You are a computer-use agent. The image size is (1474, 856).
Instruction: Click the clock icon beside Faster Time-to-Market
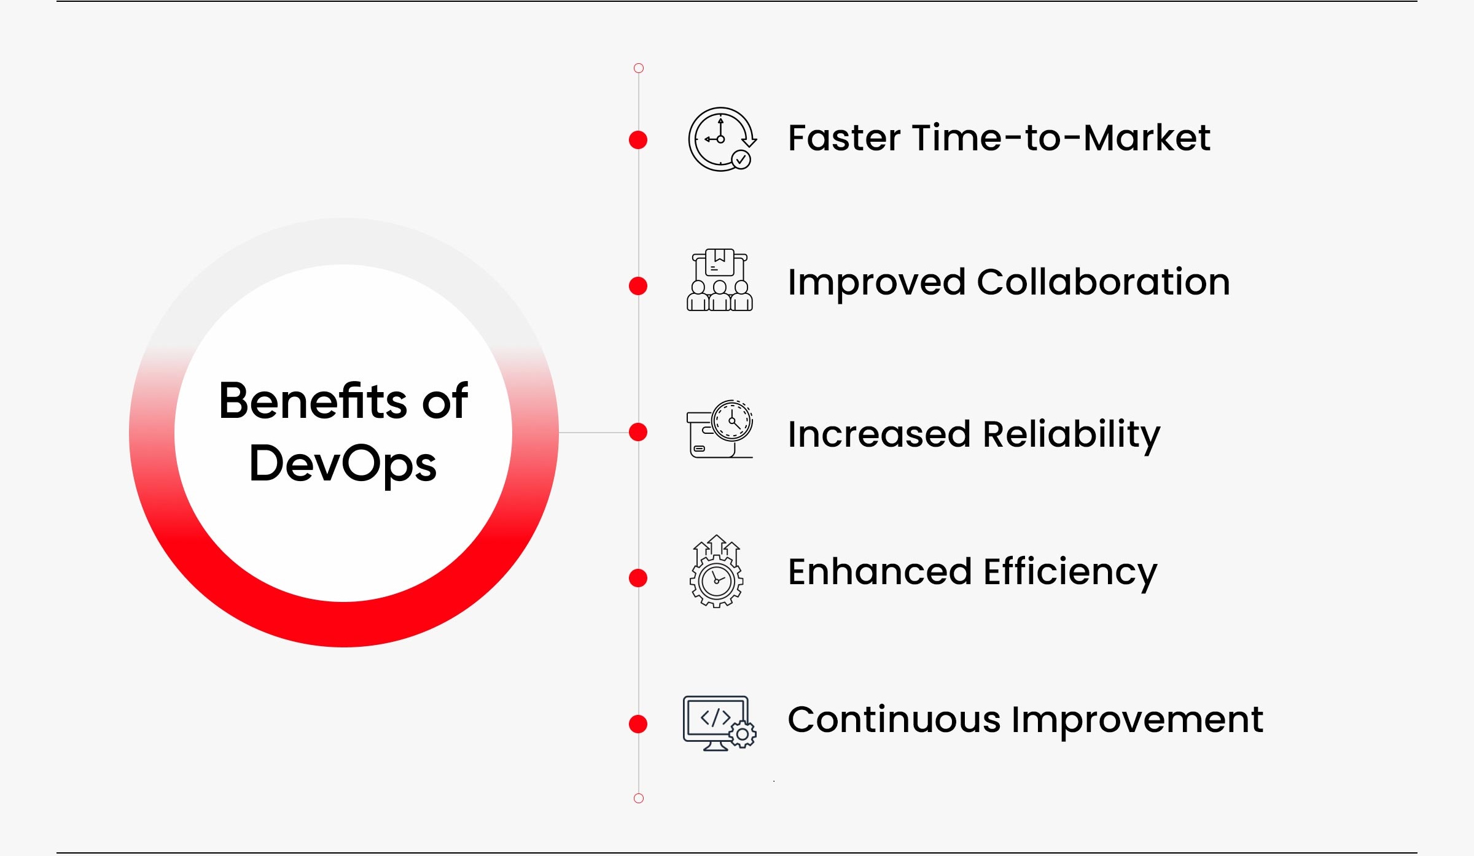(x=722, y=139)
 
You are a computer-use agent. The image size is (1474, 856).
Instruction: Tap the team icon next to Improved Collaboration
(x=720, y=280)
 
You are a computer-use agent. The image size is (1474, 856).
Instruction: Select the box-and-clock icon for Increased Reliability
(x=720, y=429)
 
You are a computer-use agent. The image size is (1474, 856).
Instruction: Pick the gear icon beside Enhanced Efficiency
(x=717, y=571)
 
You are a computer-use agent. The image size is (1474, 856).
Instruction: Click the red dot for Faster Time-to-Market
(x=638, y=140)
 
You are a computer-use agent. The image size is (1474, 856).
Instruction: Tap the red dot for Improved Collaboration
(x=638, y=286)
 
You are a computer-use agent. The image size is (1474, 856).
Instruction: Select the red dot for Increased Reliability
(x=638, y=432)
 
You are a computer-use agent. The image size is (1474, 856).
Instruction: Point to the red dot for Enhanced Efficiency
(x=638, y=578)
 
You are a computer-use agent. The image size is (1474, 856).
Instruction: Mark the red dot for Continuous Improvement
(x=638, y=724)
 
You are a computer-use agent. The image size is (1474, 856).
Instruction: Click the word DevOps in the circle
(x=343, y=465)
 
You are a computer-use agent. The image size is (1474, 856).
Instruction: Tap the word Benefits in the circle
(x=313, y=400)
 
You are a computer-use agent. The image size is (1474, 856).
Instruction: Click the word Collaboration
(x=1103, y=282)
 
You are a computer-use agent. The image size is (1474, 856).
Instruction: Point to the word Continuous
(x=894, y=720)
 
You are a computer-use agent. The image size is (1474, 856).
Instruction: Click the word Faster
(x=845, y=138)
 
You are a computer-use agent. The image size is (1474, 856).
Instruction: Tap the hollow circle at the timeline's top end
(x=639, y=68)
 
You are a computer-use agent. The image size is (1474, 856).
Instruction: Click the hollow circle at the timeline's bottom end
(x=639, y=798)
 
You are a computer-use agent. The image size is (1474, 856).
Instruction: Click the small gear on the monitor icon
(x=743, y=734)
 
